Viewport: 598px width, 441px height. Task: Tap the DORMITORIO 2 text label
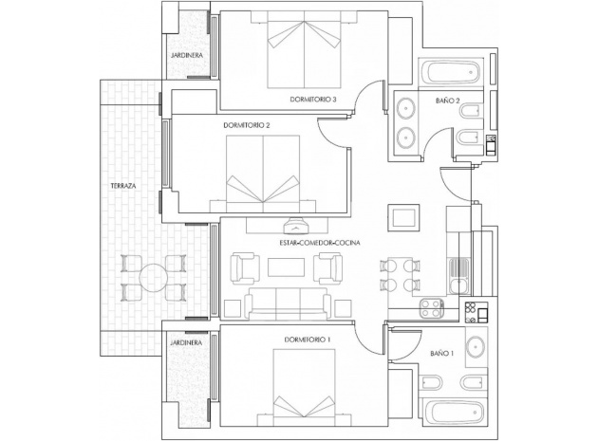[x=247, y=125]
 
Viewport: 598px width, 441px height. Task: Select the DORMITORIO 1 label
[x=308, y=340]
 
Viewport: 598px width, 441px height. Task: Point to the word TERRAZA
[x=123, y=187]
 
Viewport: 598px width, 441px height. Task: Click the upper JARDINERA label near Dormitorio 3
[x=184, y=56]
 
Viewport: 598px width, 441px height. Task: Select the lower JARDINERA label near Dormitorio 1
[x=184, y=343]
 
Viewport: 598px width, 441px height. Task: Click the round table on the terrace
[x=152, y=277]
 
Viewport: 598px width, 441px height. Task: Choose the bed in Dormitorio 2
[x=264, y=171]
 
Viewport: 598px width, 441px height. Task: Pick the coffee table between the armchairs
[x=285, y=268]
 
